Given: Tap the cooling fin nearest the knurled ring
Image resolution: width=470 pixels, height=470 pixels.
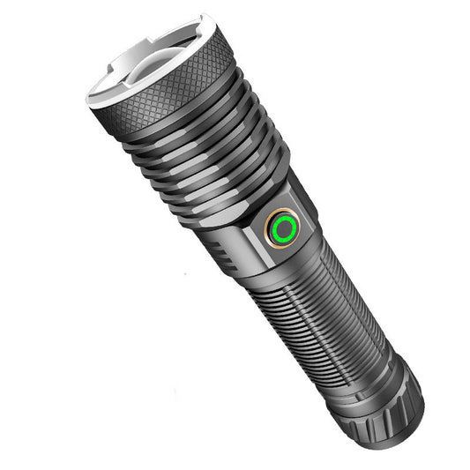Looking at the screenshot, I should click(x=190, y=132).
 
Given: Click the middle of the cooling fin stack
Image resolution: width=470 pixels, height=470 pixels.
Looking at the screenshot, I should click(x=216, y=163).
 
